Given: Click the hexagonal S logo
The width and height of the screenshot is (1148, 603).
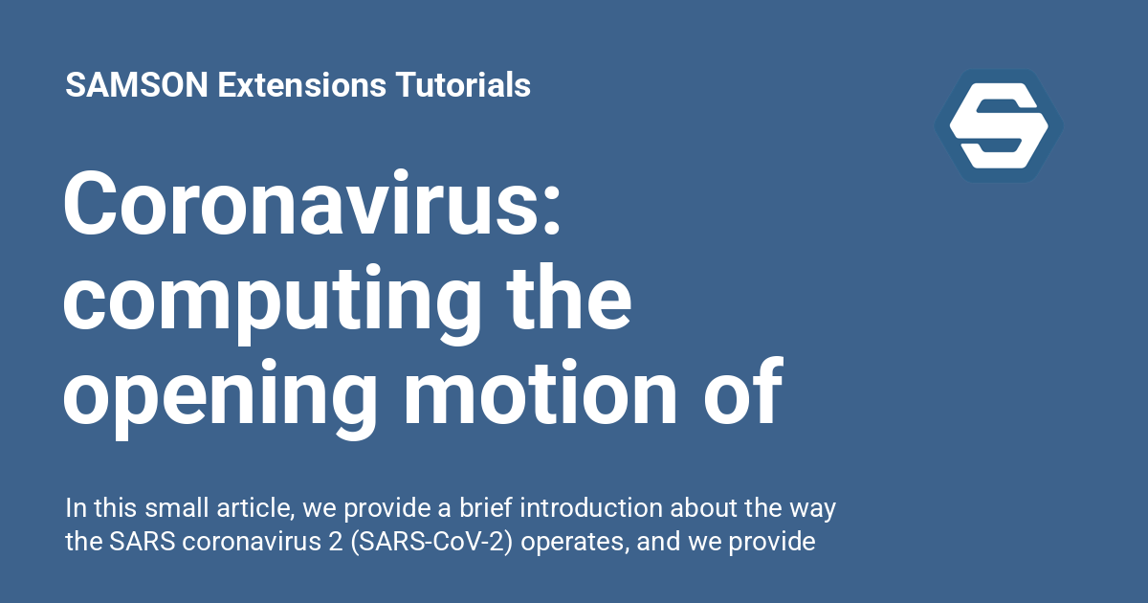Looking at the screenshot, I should (x=999, y=125).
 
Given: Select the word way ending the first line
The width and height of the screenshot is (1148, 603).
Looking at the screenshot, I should (x=815, y=508).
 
